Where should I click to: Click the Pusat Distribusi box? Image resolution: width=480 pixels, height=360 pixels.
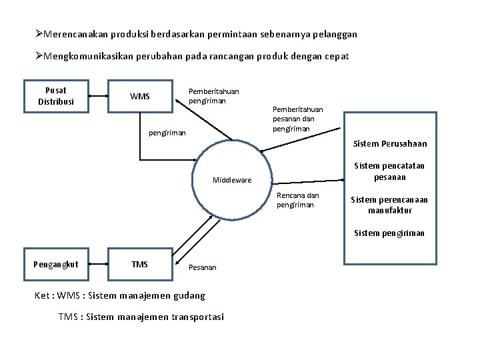pyautogui.click(x=56, y=96)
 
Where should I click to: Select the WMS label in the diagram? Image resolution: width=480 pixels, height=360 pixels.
pyautogui.click(x=140, y=97)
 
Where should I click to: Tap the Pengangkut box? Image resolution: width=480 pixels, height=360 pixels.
pyautogui.click(x=55, y=265)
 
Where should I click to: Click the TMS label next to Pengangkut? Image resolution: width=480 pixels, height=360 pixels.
pyautogui.click(x=140, y=265)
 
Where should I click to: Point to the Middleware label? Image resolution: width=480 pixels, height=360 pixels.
pyautogui.click(x=232, y=180)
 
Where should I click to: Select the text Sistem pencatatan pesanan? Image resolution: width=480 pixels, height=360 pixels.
pyautogui.click(x=390, y=172)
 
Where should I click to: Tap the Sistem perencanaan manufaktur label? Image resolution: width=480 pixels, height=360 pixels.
pyautogui.click(x=390, y=205)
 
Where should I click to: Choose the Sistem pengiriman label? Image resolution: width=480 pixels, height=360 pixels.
pyautogui.click(x=390, y=233)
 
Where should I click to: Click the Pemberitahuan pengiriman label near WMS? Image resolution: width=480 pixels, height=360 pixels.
pyautogui.click(x=213, y=96)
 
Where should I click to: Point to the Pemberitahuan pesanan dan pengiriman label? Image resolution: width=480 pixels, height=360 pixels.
pyautogui.click(x=297, y=119)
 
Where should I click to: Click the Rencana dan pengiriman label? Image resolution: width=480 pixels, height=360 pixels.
pyautogui.click(x=298, y=200)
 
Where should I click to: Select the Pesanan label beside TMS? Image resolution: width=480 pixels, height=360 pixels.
pyautogui.click(x=203, y=267)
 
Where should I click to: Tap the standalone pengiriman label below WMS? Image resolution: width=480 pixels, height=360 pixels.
pyautogui.click(x=167, y=133)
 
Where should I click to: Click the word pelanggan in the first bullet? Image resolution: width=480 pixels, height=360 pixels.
pyautogui.click(x=334, y=33)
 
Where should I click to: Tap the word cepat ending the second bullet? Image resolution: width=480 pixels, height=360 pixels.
pyautogui.click(x=336, y=56)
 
